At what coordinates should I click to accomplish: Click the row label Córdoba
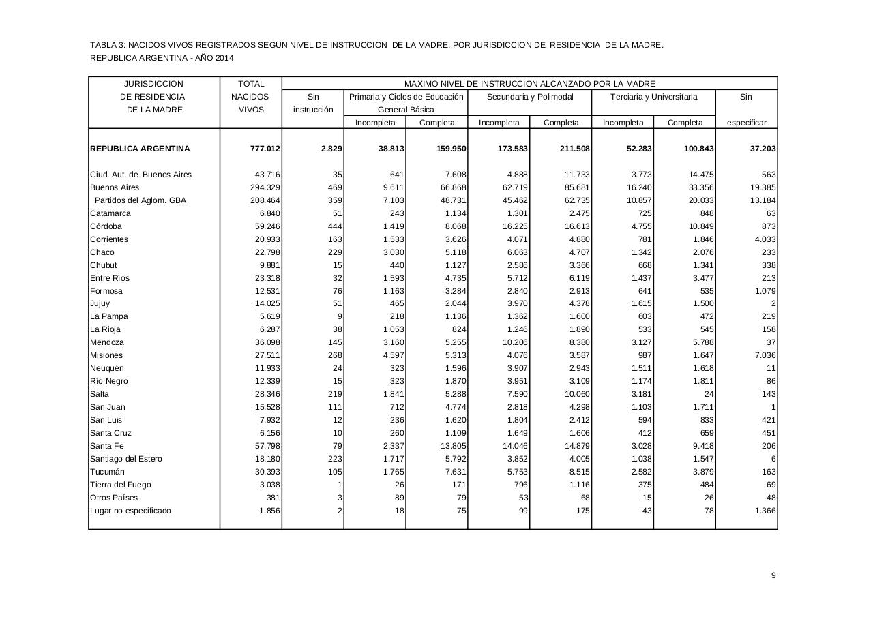106,226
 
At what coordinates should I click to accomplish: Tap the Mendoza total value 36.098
265,342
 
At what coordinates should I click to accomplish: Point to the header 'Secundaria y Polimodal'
530,97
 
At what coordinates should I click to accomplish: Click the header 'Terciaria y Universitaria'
653,97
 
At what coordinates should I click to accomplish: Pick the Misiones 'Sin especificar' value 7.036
763,355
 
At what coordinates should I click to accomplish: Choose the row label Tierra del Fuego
121,485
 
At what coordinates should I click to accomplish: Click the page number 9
773,575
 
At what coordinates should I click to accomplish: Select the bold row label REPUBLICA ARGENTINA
140,149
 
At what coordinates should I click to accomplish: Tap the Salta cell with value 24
709,394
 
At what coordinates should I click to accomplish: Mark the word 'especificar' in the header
746,123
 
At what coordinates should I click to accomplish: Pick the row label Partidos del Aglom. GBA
140,200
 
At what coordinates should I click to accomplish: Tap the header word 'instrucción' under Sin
313,110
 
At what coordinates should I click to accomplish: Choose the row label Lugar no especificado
130,511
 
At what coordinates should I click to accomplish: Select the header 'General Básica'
406,110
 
